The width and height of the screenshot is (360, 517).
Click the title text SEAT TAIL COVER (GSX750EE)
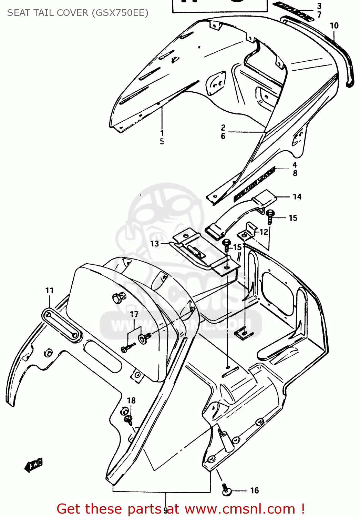tap(78, 13)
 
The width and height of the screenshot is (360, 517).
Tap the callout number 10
tap(334, 26)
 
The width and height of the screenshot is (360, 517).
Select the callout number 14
tap(297, 197)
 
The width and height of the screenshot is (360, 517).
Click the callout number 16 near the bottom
tap(254, 490)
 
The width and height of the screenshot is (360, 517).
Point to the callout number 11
tap(49, 291)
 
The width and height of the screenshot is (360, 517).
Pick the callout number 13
tap(154, 244)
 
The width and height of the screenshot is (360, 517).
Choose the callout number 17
tap(134, 314)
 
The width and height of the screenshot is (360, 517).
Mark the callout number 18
tap(131, 401)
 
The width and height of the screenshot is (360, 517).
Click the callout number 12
tap(264, 232)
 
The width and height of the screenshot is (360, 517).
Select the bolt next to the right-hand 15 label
tap(270, 216)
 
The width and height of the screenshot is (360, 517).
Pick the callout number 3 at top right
tap(319, 6)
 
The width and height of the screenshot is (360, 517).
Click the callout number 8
tap(295, 173)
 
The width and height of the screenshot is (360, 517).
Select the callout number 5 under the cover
tap(162, 141)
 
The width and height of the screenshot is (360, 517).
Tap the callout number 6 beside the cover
tap(223, 136)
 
